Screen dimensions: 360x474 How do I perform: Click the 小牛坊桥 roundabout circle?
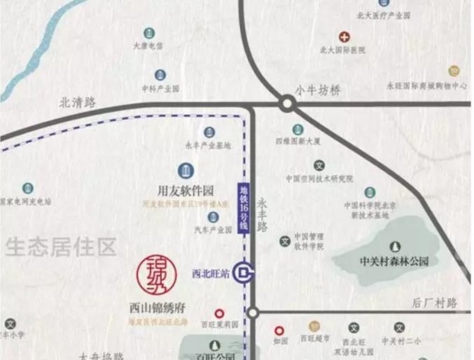pyautogui.click(x=287, y=104)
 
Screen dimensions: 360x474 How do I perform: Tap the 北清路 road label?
pyautogui.click(x=78, y=102)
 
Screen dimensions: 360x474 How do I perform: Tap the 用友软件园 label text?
pyautogui.click(x=186, y=190)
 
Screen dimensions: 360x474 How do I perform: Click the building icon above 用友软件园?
pyautogui.click(x=186, y=170)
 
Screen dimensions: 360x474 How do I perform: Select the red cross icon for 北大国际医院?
pyautogui.click(x=344, y=36)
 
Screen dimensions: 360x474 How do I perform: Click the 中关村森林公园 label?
pyautogui.click(x=393, y=262)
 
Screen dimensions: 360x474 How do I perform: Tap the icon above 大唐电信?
pyautogui.click(x=148, y=33)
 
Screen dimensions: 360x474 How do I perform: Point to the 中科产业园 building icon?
pyautogui.click(x=160, y=75)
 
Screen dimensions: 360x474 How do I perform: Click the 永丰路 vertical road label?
pyautogui.click(x=263, y=214)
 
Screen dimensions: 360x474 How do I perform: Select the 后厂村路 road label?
pyautogui.click(x=434, y=303)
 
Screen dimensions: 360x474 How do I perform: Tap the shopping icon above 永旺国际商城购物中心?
pyautogui.click(x=455, y=71)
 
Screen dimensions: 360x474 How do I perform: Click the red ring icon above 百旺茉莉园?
pyautogui.click(x=219, y=314)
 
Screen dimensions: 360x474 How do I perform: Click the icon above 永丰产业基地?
pyautogui.click(x=209, y=132)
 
